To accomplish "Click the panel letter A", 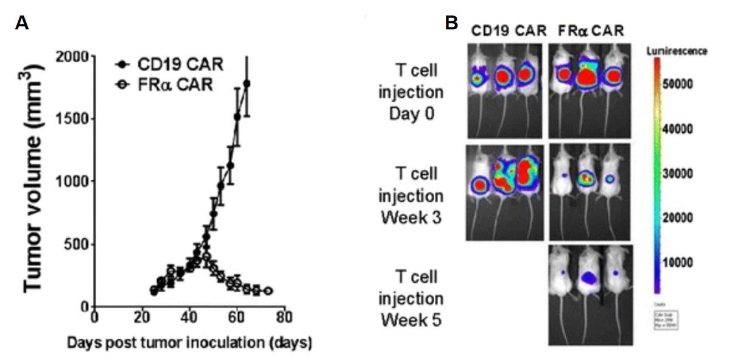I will [x=22, y=23].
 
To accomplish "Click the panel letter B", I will [x=451, y=23].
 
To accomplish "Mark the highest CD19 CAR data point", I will [x=247, y=83].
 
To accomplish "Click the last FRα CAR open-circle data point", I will [x=267, y=291].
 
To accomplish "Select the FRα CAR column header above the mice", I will [x=587, y=30].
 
